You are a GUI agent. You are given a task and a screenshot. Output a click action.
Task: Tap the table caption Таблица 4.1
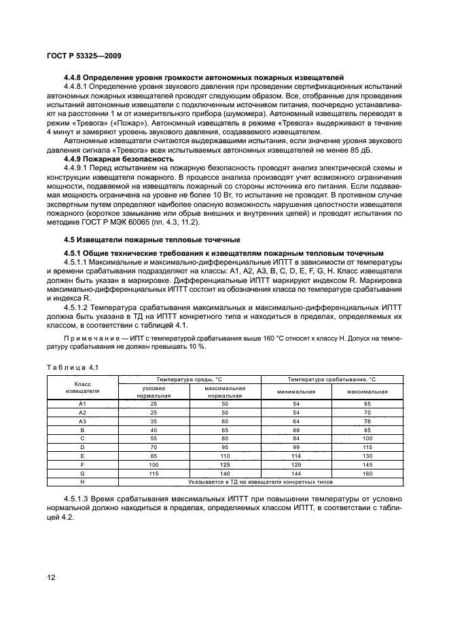(73, 366)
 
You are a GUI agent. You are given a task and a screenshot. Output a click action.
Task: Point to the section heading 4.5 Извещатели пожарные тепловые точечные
(149, 239)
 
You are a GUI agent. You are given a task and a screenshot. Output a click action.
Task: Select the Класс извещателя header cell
(82, 387)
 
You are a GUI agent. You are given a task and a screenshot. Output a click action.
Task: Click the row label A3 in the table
(82, 421)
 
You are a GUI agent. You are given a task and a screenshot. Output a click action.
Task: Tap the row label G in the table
(82, 473)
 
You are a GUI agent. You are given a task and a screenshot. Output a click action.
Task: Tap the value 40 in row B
(154, 429)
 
